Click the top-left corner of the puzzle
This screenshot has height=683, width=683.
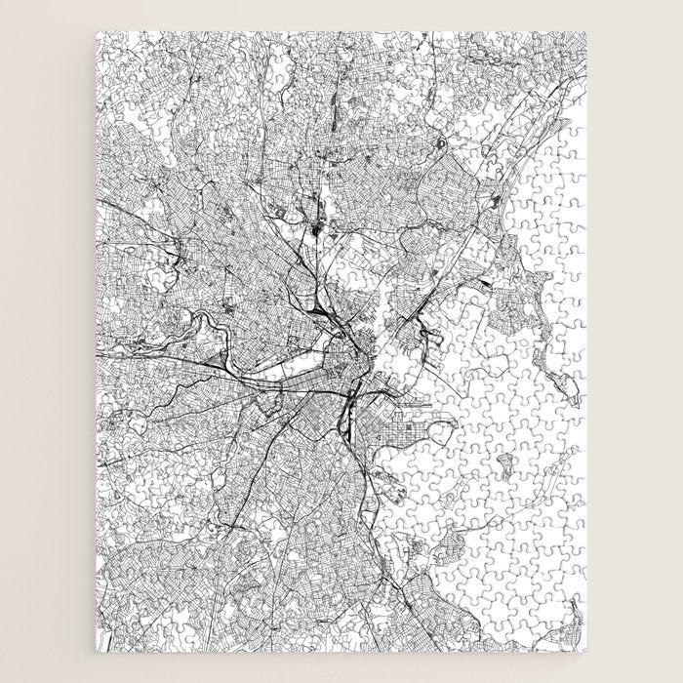[x=97, y=32]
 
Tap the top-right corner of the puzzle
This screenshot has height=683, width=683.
[x=587, y=32]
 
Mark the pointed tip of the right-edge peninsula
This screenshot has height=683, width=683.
[x=577, y=401]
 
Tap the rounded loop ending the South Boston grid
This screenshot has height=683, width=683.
[x=451, y=425]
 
